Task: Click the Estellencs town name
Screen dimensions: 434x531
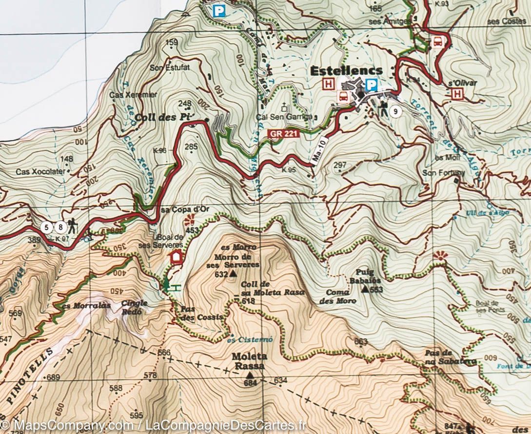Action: pyautogui.click(x=346, y=71)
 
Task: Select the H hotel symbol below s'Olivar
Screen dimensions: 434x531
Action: pyautogui.click(x=457, y=93)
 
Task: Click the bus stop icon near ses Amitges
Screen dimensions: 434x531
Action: pyautogui.click(x=437, y=41)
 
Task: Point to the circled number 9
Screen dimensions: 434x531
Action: pyautogui.click(x=396, y=112)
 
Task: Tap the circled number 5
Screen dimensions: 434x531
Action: pyautogui.click(x=47, y=227)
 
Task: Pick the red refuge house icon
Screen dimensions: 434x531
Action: pyautogui.click(x=176, y=256)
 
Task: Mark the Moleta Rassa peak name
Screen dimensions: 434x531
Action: pyautogui.click(x=249, y=361)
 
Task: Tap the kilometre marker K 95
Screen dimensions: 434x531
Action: pyautogui.click(x=289, y=170)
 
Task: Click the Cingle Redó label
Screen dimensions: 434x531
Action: pyautogui.click(x=134, y=307)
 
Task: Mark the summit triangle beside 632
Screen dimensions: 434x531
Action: pyautogui.click(x=234, y=274)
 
